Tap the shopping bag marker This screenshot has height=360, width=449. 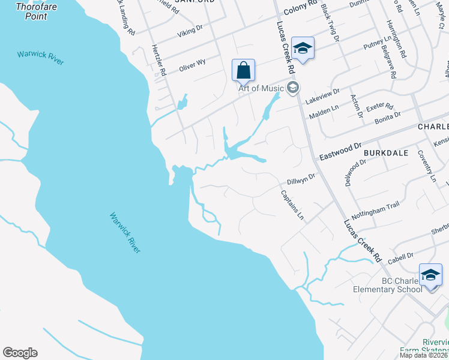pyautogui.click(x=243, y=70)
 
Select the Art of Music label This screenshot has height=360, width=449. pyautogui.click(x=261, y=88)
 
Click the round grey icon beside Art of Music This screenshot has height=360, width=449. pyautogui.click(x=293, y=88)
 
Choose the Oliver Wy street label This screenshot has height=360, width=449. pyautogui.click(x=192, y=65)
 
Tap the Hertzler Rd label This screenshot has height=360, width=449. pyautogui.click(x=159, y=60)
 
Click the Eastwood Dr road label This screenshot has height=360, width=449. pyautogui.click(x=341, y=147)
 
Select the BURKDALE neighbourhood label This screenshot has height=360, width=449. pyautogui.click(x=386, y=153)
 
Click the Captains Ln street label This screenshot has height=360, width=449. pyautogui.click(x=292, y=205)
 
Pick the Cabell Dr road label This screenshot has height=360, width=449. pyautogui.click(x=400, y=256)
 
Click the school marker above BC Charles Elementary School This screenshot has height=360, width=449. pyautogui.click(x=430, y=275)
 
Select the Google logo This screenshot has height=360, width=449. pyautogui.click(x=20, y=353)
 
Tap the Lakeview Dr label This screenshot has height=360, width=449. pyautogui.click(x=322, y=95)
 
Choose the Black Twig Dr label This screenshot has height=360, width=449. pyautogui.click(x=330, y=22)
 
